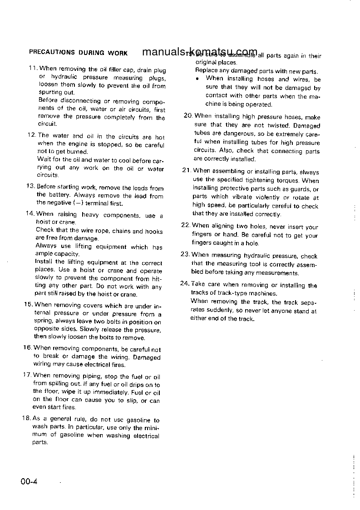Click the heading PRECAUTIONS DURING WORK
coord(78,53)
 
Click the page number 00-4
coord(28,481)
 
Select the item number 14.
coord(29,214)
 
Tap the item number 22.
coord(185,225)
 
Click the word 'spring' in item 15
coord(44,322)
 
